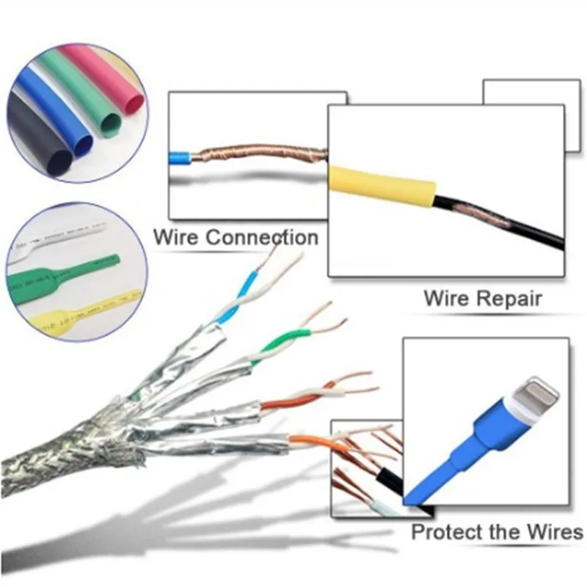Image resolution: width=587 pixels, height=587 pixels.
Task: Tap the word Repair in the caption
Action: click(x=513, y=299)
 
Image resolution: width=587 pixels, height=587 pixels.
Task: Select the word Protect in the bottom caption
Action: click(x=450, y=532)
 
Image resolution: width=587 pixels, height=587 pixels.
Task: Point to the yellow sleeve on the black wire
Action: click(x=382, y=187)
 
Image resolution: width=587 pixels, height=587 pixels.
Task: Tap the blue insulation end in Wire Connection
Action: click(x=180, y=157)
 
